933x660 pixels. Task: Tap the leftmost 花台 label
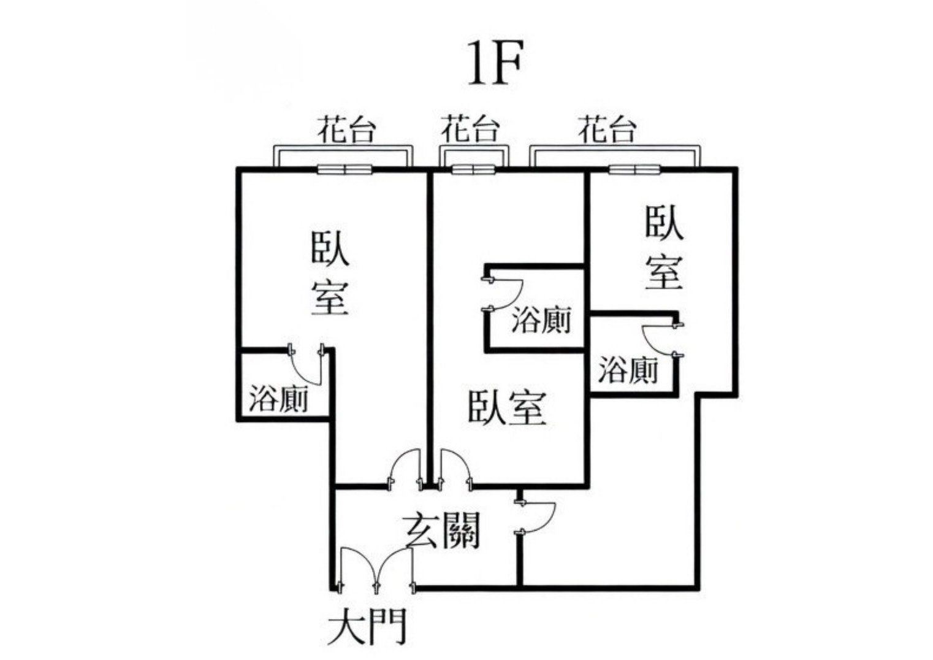point(346,129)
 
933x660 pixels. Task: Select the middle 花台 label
point(470,129)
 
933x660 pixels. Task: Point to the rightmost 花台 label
point(607,129)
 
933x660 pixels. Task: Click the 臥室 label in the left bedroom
point(330,273)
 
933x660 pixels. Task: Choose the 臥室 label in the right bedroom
point(664,248)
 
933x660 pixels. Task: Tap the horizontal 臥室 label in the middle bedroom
point(506,407)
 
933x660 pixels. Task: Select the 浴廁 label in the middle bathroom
point(540,321)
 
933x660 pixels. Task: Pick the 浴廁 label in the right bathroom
point(628,370)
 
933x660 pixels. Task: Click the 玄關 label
point(442,531)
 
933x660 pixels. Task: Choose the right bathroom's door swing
point(660,339)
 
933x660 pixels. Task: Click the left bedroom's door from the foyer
point(405,470)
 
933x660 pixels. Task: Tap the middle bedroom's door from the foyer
point(454,469)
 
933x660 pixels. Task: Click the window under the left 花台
point(345,169)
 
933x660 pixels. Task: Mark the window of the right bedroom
point(634,169)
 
